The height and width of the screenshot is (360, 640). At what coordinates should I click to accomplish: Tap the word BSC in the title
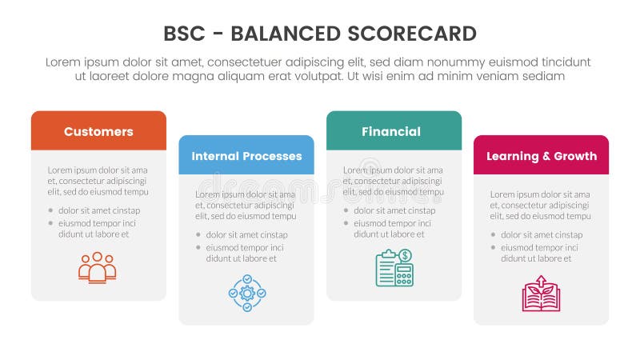pos(182,34)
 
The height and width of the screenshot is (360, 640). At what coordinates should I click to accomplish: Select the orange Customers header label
pos(98,132)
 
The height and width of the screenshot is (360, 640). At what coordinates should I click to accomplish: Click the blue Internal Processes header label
pos(246,156)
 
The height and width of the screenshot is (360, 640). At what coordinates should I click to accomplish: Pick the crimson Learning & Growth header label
pos(542,156)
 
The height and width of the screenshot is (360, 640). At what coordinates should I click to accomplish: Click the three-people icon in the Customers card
pos(98,267)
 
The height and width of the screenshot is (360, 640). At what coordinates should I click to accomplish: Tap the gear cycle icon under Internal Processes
pos(246,293)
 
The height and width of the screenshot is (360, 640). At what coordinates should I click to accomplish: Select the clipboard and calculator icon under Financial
pos(394,267)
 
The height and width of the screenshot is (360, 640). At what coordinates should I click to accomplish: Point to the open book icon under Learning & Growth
pos(542,294)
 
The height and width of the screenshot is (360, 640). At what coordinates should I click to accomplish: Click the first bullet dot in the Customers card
pos(50,210)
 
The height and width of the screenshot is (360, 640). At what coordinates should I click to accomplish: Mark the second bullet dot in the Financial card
pos(346,223)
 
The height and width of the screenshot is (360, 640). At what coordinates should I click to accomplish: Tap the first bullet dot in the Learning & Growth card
pos(493,235)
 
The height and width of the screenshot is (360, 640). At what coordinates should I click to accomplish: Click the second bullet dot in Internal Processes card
pos(198,248)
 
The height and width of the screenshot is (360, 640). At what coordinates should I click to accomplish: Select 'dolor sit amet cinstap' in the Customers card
pos(99,210)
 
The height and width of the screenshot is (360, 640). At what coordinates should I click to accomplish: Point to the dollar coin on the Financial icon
pos(405,255)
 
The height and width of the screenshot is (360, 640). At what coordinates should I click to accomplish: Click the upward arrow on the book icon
pos(542,282)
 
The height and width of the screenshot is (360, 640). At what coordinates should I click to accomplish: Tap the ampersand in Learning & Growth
pos(542,156)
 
